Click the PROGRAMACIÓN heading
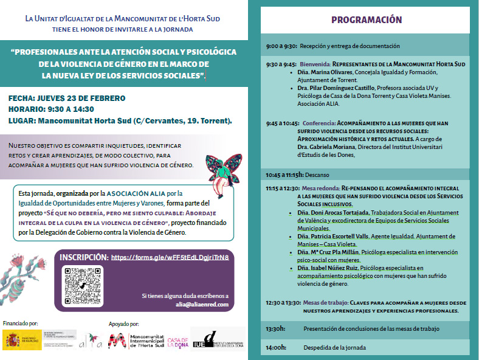(x=367, y=20)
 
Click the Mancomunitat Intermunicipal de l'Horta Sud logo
(x=135, y=341)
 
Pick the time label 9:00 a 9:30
(x=281, y=46)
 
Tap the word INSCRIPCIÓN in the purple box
(x=84, y=257)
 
